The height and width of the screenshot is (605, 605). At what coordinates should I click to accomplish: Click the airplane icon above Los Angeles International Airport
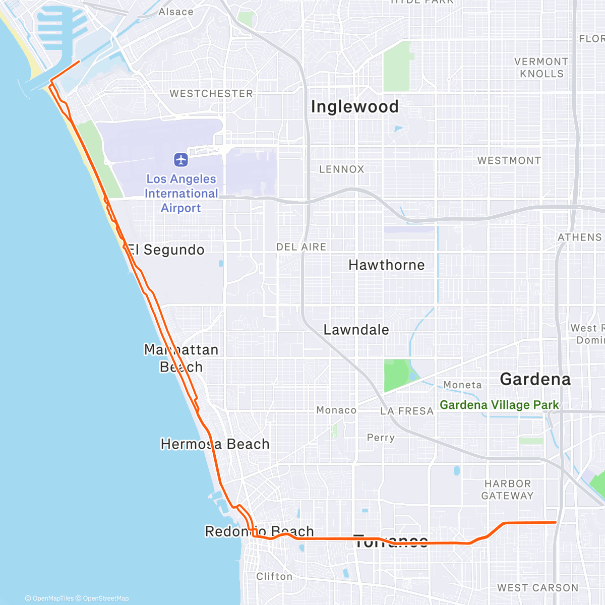pyautogui.click(x=181, y=160)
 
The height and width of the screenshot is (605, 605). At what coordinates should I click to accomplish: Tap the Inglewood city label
pyautogui.click(x=354, y=107)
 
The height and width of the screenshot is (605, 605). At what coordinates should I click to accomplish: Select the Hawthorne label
pyautogui.click(x=386, y=265)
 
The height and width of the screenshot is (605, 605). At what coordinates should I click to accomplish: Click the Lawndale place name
pyautogui.click(x=356, y=330)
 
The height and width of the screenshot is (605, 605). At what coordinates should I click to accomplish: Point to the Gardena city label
pyautogui.click(x=535, y=379)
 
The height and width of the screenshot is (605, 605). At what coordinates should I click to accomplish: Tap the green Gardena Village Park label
pyautogui.click(x=499, y=405)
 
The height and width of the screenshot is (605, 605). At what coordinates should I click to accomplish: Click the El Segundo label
pyautogui.click(x=166, y=250)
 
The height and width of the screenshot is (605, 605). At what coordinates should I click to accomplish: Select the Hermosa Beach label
pyautogui.click(x=215, y=444)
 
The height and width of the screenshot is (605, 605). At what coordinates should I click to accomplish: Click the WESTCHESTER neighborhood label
pyautogui.click(x=211, y=94)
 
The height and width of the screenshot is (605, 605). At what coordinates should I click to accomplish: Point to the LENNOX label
pyautogui.click(x=341, y=169)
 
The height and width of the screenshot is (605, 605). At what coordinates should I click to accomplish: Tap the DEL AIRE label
pyautogui.click(x=301, y=247)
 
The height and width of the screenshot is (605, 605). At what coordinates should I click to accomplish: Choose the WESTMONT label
pyautogui.click(x=509, y=161)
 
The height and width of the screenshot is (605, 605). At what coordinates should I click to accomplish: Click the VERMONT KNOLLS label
pyautogui.click(x=541, y=68)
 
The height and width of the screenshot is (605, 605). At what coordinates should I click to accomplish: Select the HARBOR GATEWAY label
pyautogui.click(x=507, y=490)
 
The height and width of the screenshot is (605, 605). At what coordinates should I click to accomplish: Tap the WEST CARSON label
pyautogui.click(x=537, y=588)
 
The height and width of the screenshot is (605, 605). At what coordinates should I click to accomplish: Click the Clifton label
pyautogui.click(x=274, y=576)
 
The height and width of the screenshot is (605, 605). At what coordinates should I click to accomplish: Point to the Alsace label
pyautogui.click(x=175, y=12)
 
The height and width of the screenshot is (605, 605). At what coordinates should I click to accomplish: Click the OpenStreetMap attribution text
pyautogui.click(x=105, y=598)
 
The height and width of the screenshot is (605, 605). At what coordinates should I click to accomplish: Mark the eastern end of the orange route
pyautogui.click(x=555, y=522)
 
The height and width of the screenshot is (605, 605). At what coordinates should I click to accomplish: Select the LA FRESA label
pyautogui.click(x=406, y=411)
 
